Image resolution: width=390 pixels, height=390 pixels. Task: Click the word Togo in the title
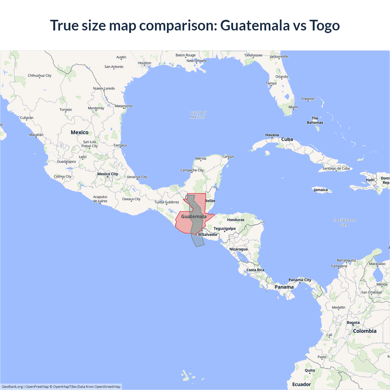coord(324,25)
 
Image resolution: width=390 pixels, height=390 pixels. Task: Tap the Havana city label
coord(272,135)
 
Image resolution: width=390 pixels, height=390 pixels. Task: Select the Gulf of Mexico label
coord(198,115)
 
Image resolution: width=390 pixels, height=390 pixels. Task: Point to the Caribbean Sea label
coord(344,222)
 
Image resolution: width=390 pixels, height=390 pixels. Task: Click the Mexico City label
coord(108,174)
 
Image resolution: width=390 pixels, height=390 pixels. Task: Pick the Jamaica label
coord(321,190)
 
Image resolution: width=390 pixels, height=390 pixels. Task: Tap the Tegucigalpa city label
coord(225,229)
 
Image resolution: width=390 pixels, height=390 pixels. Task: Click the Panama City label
coord(300,280)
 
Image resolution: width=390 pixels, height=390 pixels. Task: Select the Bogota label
coord(353,323)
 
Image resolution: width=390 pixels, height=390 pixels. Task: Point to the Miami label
coord(293,107)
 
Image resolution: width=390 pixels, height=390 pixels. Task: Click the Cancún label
coord(228,157)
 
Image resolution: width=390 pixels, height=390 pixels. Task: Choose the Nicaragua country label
coord(239,249)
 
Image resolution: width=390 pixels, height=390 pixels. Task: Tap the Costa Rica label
coord(255,270)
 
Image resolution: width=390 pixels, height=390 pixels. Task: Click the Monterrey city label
coord(96,108)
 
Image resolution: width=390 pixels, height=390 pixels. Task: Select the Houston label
coord(144,63)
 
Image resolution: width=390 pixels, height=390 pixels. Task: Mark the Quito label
coord(310,370)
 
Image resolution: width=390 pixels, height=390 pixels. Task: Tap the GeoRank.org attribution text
coord(12,387)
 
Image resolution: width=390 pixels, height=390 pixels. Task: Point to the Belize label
coord(210,201)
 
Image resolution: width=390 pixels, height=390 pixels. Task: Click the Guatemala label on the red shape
coord(194,217)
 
